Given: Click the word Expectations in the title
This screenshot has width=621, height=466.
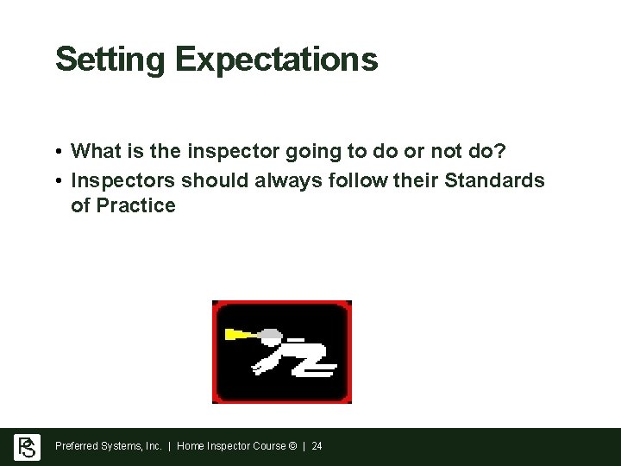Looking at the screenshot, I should (x=276, y=60).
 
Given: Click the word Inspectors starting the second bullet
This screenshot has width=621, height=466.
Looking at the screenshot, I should (x=123, y=181).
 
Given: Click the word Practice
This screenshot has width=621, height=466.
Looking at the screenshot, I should (x=135, y=206).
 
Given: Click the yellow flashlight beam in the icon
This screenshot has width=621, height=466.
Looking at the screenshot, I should (x=241, y=334).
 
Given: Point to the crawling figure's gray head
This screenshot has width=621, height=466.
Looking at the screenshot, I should (x=272, y=334).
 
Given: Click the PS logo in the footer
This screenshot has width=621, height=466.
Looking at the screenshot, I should (x=27, y=447).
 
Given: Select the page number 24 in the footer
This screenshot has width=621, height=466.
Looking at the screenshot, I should (x=317, y=446).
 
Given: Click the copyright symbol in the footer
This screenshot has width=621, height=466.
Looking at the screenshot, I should (x=293, y=446).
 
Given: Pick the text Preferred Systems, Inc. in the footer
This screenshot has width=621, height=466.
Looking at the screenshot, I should (x=109, y=446).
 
